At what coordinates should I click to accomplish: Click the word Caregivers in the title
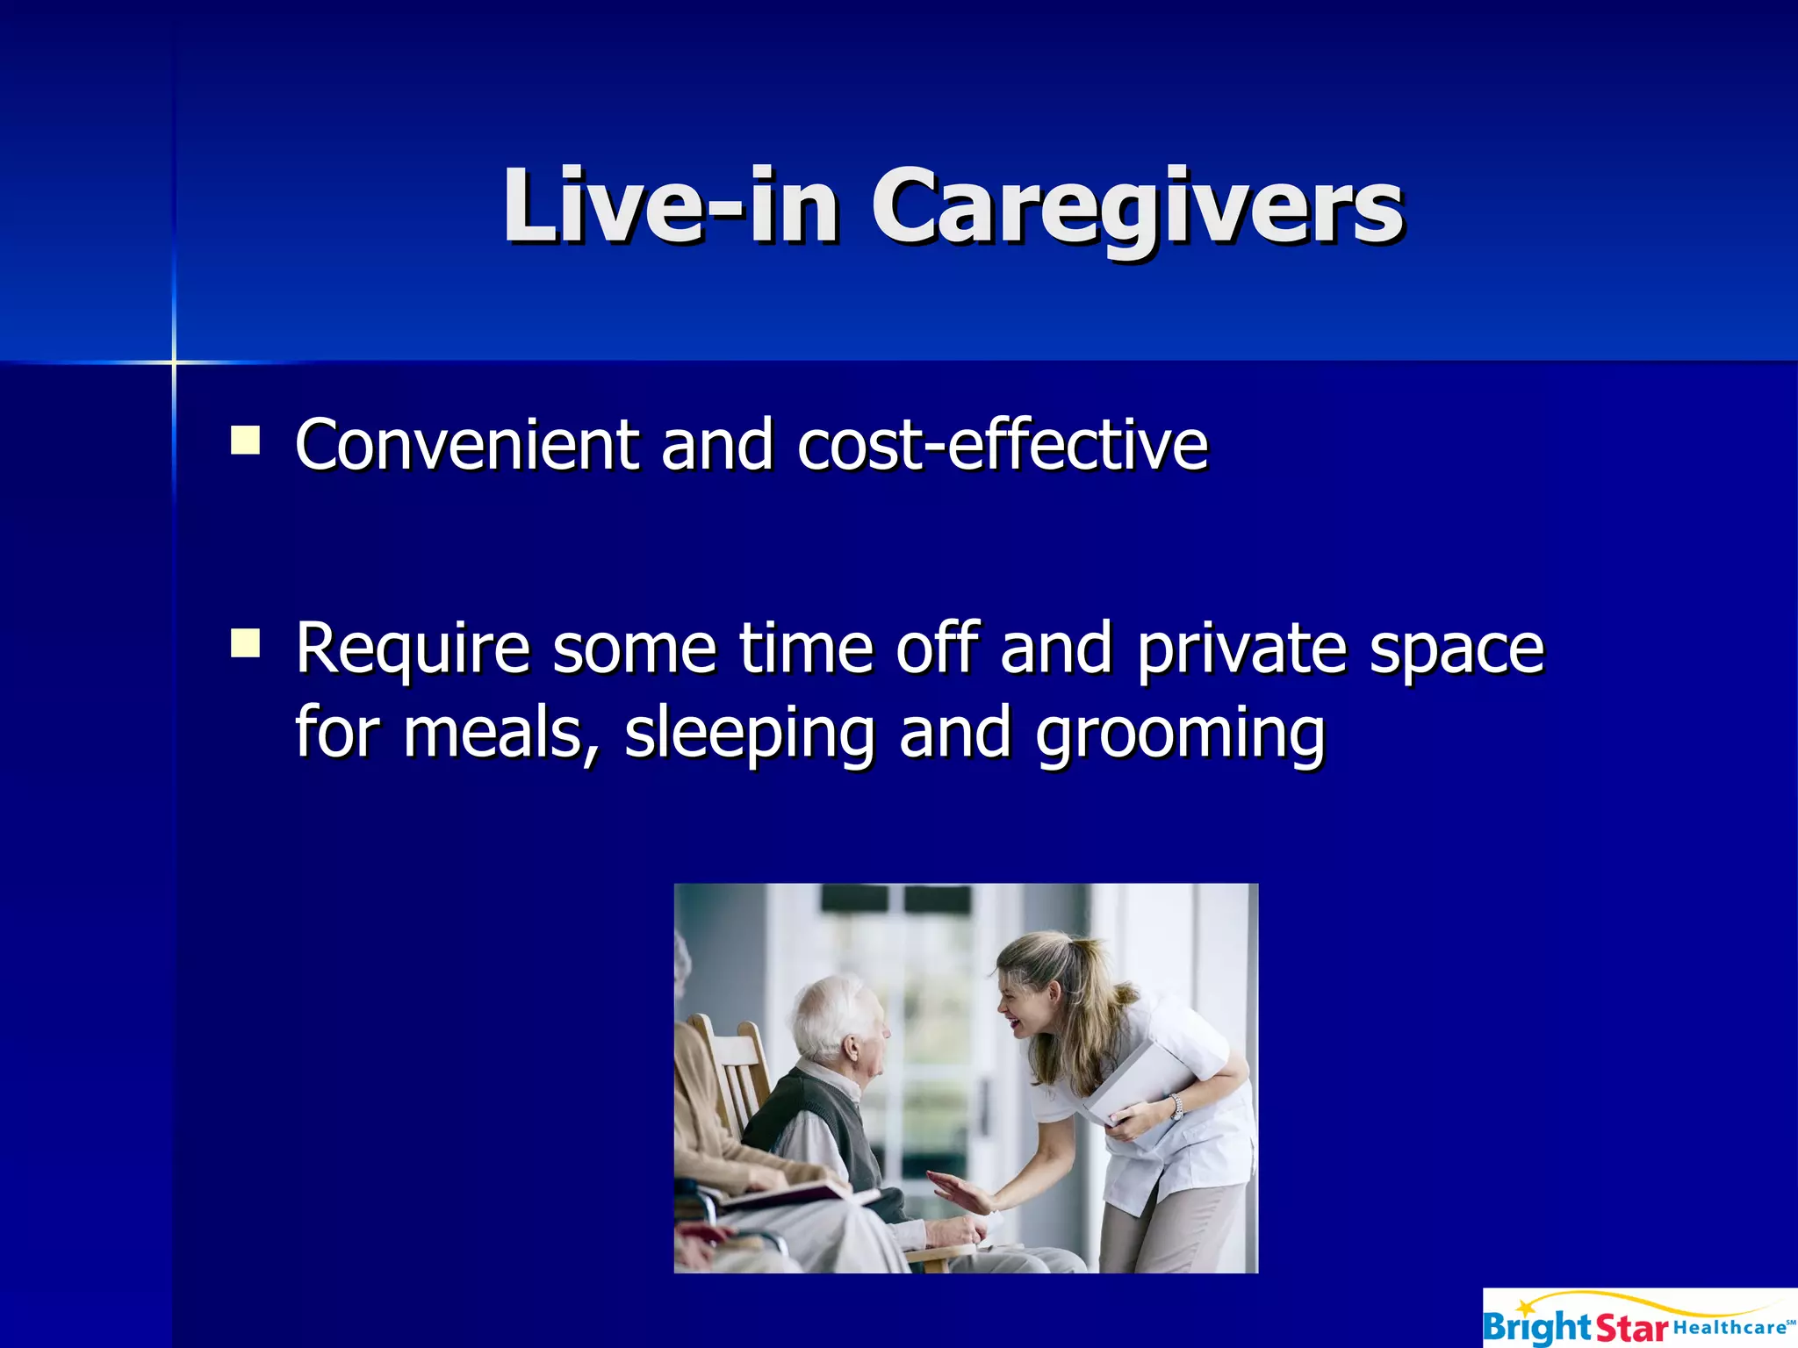pyautogui.click(x=1137, y=207)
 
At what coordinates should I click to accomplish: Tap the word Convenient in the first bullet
pyautogui.click(x=466, y=445)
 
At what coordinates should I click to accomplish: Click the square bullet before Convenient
pyautogui.click(x=245, y=440)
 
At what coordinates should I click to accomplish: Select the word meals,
pyautogui.click(x=501, y=733)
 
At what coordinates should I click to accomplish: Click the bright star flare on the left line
pyautogui.click(x=174, y=362)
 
